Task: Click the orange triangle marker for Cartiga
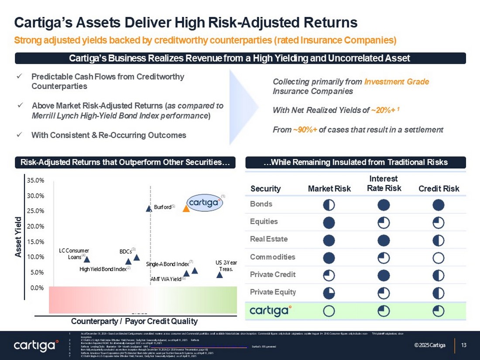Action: click(x=186, y=208)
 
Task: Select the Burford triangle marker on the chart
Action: click(x=149, y=208)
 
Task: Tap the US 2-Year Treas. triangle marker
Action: click(x=220, y=274)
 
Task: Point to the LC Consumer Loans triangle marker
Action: click(x=87, y=259)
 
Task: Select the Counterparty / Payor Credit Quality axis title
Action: click(x=134, y=321)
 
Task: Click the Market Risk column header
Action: click(x=329, y=189)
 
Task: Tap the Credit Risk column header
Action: click(x=439, y=189)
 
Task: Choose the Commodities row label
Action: click(x=272, y=257)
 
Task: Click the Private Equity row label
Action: click(x=273, y=292)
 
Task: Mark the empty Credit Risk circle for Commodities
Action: click(x=439, y=257)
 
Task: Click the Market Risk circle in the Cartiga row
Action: click(x=329, y=310)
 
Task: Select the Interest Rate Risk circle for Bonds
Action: click(x=384, y=205)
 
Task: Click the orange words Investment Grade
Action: click(x=397, y=82)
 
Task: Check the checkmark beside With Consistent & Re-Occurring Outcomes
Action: click(x=18, y=135)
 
